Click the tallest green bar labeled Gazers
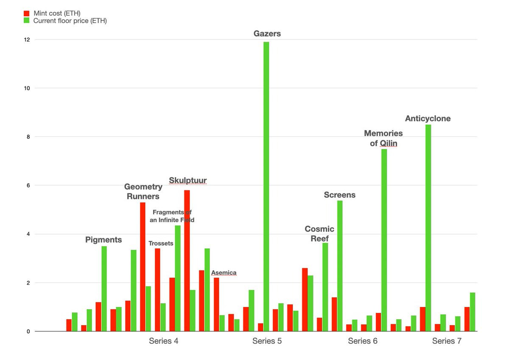click(x=266, y=187)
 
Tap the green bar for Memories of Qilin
click(x=384, y=240)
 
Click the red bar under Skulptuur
click(x=187, y=261)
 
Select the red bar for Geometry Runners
click(x=143, y=267)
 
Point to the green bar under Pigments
click(x=104, y=289)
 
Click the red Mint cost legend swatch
click(x=27, y=13)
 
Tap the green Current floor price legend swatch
click(x=27, y=20)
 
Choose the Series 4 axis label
click(x=163, y=341)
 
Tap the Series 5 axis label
click(x=267, y=341)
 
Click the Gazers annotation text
click(x=267, y=33)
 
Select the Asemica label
click(x=224, y=273)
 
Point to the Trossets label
click(x=161, y=243)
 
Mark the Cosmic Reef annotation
click(x=319, y=234)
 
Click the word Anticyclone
click(x=428, y=119)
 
